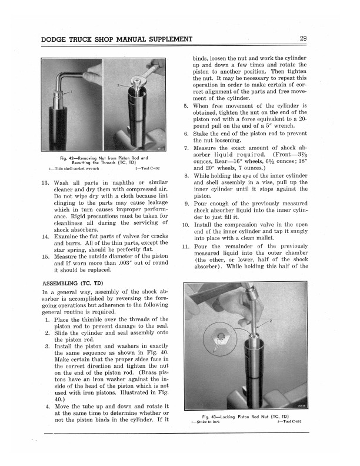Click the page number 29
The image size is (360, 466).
(x=302, y=39)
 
